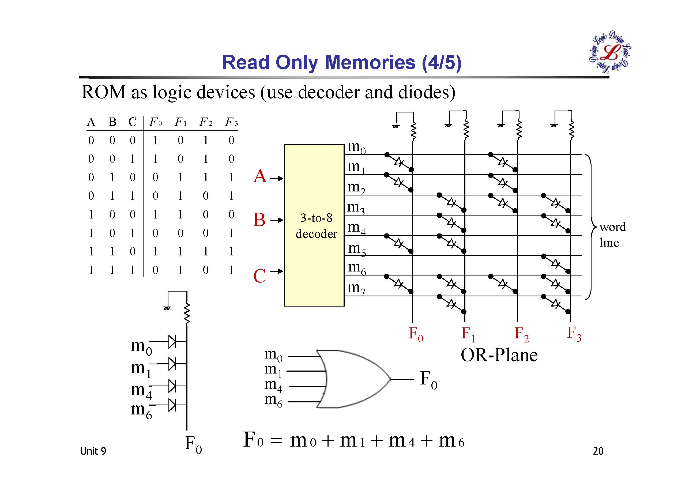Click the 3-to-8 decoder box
(x=314, y=225)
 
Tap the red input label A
(x=259, y=176)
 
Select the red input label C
(x=259, y=276)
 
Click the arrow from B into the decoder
(x=276, y=220)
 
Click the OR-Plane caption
(x=499, y=355)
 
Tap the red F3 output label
(x=574, y=334)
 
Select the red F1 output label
(x=468, y=334)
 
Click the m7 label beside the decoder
(x=356, y=288)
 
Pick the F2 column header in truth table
(x=206, y=122)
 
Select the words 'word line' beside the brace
(x=612, y=235)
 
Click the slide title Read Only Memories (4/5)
(x=341, y=62)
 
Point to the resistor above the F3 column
(x=571, y=130)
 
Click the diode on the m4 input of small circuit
(x=172, y=386)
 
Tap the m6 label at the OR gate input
(x=273, y=401)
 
